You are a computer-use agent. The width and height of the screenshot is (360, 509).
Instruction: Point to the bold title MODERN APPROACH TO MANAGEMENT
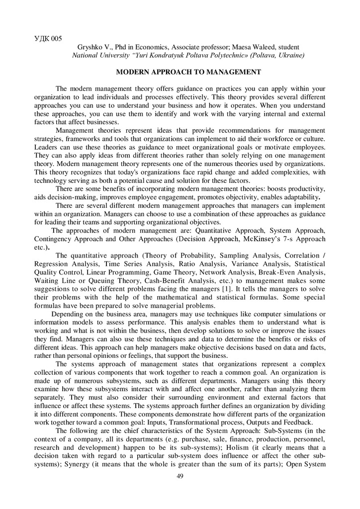coord(188,72)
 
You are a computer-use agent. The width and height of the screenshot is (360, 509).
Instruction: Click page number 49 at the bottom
coord(180,477)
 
